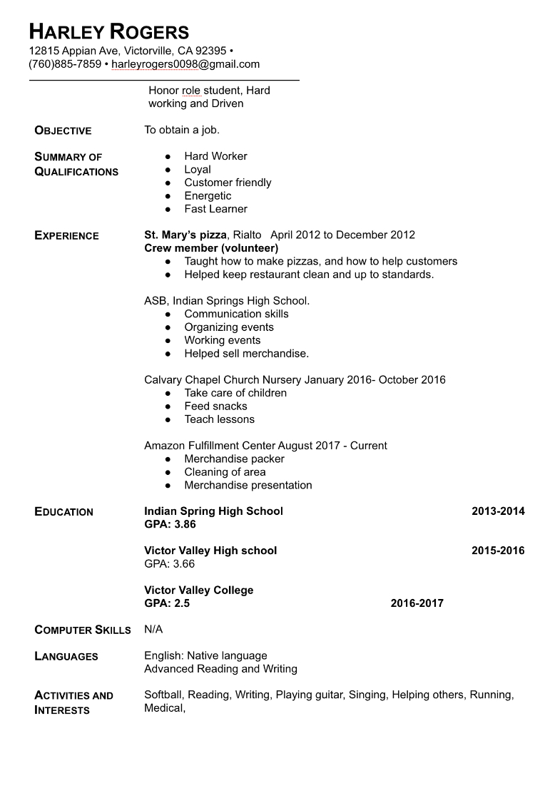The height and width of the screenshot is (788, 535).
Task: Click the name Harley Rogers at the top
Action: pyautogui.click(x=109, y=31)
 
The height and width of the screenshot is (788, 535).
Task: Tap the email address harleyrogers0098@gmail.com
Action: pyautogui.click(x=185, y=64)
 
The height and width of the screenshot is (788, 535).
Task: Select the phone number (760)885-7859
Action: pyautogui.click(x=65, y=64)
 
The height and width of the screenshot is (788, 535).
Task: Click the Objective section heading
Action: pyautogui.click(x=63, y=131)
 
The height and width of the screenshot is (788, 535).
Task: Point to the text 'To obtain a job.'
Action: pyautogui.click(x=182, y=130)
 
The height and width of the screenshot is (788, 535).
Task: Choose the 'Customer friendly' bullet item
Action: pyautogui.click(x=228, y=183)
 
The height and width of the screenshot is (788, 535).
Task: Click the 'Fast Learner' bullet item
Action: pyautogui.click(x=215, y=209)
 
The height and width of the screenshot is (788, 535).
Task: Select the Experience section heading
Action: pyautogui.click(x=66, y=236)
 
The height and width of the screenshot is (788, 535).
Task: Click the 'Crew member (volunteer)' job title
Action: pyautogui.click(x=211, y=248)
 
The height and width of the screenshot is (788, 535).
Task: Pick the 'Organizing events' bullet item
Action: pyautogui.click(x=229, y=327)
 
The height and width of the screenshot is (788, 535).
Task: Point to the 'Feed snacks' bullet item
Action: pyautogui.click(x=215, y=406)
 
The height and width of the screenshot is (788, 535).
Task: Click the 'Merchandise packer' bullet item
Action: pyautogui.click(x=234, y=459)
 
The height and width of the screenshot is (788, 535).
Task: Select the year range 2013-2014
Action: pyautogui.click(x=498, y=511)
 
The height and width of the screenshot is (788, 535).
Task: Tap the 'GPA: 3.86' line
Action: pyautogui.click(x=170, y=525)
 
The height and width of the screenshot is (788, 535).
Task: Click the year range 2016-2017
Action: pyautogui.click(x=417, y=603)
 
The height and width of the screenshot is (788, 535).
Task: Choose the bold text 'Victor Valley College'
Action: pyautogui.click(x=198, y=590)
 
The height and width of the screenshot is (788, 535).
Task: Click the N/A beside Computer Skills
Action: pyautogui.click(x=153, y=630)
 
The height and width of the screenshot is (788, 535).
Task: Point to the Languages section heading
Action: pyautogui.click(x=66, y=657)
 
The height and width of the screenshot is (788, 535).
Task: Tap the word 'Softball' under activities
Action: pyautogui.click(x=163, y=695)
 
